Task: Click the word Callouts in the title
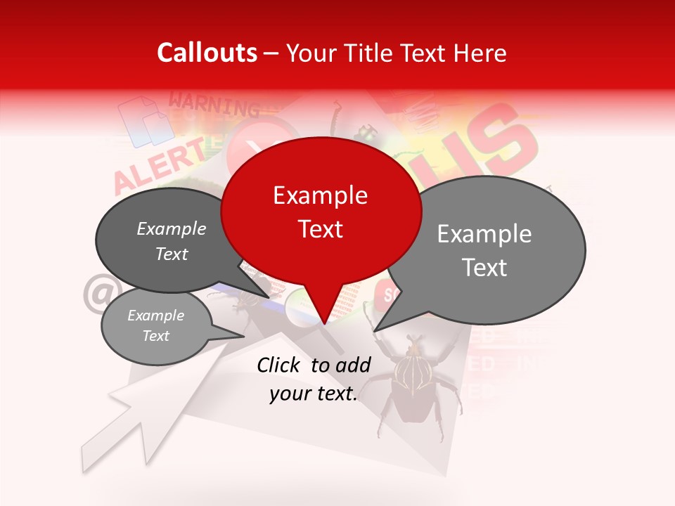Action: click(x=207, y=53)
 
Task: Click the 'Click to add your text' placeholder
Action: click(x=314, y=379)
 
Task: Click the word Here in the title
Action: click(x=480, y=53)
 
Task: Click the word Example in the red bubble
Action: click(x=321, y=195)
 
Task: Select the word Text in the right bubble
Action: click(x=485, y=268)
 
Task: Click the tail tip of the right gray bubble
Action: click(x=375, y=330)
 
